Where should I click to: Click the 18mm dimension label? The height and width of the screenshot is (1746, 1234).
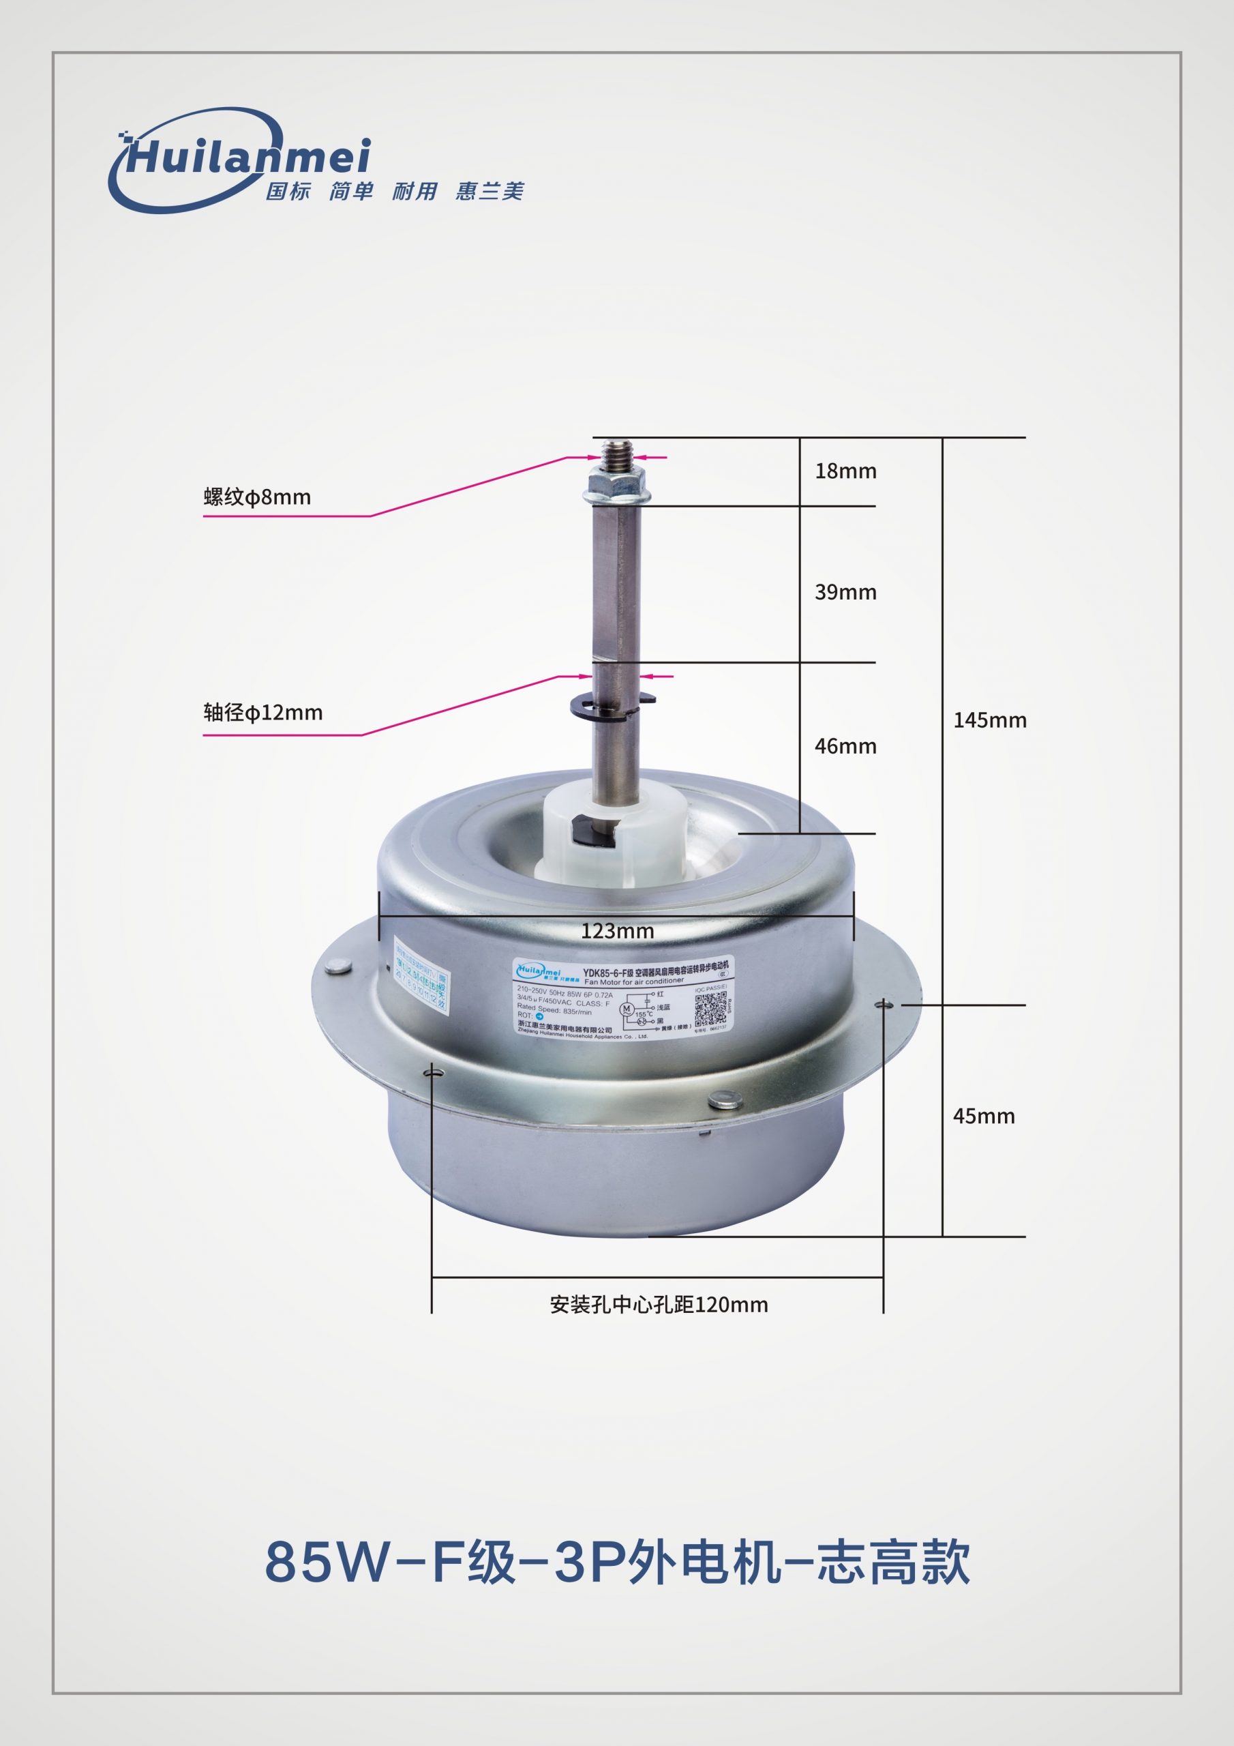pos(845,471)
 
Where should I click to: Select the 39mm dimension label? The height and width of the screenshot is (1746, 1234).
pos(845,593)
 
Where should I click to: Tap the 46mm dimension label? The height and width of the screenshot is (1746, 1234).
pos(845,746)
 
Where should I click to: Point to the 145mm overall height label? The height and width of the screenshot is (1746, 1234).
pos(989,720)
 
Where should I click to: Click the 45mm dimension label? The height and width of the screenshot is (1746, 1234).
pos(983,1116)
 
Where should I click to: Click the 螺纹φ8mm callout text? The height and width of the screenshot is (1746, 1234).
pos(257,497)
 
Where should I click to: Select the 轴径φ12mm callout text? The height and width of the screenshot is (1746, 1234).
pos(262,713)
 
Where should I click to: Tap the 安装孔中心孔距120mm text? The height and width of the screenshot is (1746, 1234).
pos(659,1305)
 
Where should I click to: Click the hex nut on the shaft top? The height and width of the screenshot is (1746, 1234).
pos(615,484)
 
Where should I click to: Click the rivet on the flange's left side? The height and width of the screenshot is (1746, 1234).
pos(337,967)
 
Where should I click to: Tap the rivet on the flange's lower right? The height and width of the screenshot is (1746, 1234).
pos(721,1100)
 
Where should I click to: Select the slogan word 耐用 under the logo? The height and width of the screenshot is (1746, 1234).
pos(415,191)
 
